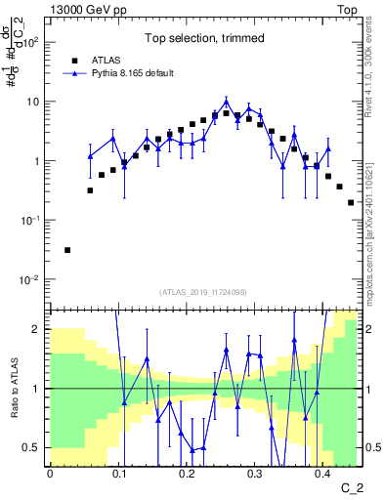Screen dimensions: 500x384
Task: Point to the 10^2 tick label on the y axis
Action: click(x=30, y=43)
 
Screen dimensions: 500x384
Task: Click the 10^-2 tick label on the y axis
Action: click(x=30, y=280)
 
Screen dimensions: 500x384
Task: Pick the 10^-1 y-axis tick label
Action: click(x=30, y=221)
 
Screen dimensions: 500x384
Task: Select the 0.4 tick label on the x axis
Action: click(x=322, y=474)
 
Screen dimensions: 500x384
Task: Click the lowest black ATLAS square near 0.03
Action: click(x=67, y=250)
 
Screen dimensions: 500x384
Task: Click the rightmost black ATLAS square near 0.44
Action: click(x=351, y=202)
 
